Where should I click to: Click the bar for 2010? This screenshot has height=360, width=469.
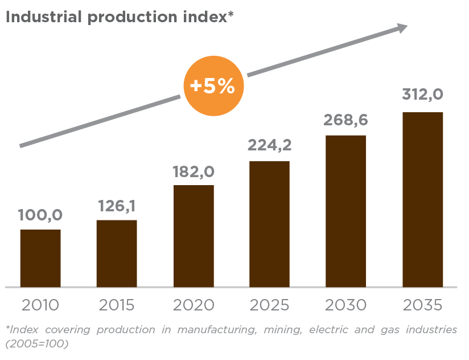click(40, 258)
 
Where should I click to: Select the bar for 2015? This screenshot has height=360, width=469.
click(117, 253)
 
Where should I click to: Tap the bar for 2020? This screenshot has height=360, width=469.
click(194, 236)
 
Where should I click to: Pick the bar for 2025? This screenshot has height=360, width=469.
click(269, 224)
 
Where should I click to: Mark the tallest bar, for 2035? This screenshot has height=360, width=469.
click(422, 199)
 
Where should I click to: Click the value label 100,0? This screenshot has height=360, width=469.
click(40, 215)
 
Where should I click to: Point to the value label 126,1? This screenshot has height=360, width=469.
click(116, 206)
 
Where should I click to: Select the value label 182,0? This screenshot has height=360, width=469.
click(194, 171)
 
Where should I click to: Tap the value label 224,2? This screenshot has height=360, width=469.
click(269, 145)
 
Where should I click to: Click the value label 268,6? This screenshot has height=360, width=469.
click(345, 120)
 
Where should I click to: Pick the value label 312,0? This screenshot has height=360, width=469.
click(422, 95)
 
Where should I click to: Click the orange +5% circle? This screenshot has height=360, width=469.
click(213, 86)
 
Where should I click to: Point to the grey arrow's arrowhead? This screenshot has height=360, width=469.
click(402, 28)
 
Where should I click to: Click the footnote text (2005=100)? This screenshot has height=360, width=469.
click(37, 344)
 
